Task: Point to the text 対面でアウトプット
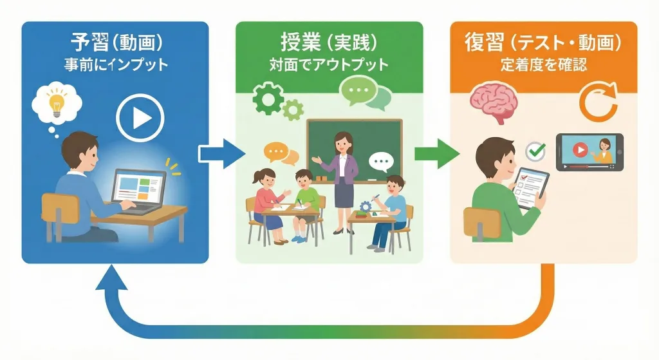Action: (329, 65)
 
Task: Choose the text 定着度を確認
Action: (543, 65)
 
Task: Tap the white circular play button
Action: (140, 118)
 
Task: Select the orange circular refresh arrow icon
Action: (598, 103)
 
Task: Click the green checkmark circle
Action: (535, 151)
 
